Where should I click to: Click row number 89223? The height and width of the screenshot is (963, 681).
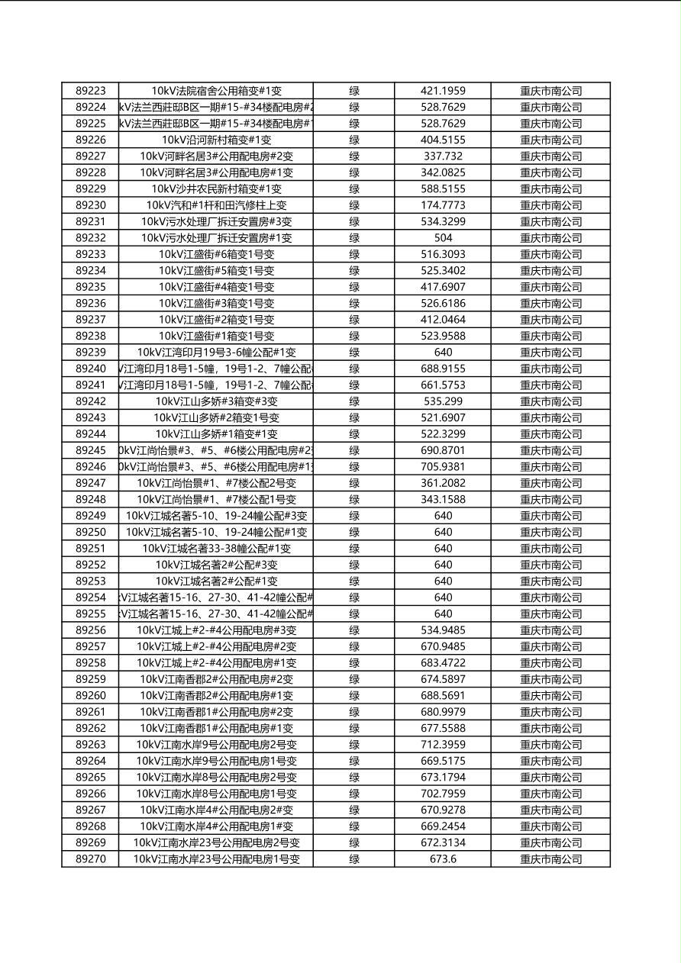pos(90,91)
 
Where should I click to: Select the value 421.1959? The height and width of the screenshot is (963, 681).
pos(443,91)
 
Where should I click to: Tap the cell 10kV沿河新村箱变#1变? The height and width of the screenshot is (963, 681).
pos(216,140)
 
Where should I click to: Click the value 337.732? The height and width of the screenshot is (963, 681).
pos(443,156)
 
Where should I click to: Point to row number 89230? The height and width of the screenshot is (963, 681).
pos(90,205)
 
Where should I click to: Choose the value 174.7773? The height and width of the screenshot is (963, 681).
pos(443,205)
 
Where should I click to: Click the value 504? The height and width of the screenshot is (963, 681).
pos(443,238)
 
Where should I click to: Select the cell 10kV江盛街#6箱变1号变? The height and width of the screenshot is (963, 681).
pos(216,254)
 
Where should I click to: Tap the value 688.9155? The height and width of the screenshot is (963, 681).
pos(443,369)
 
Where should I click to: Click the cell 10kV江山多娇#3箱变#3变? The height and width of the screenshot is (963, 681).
pos(216,401)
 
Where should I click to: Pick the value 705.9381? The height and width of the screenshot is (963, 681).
pos(443,467)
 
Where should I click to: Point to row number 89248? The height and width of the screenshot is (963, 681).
pos(90,500)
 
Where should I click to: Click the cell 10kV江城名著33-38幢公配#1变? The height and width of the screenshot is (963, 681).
pos(216,549)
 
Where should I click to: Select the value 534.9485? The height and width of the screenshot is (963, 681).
pos(443,630)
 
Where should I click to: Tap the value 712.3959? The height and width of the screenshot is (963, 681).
pos(443,745)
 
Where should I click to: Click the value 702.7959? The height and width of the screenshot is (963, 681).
pos(443,794)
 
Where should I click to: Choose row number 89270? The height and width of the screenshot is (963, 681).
pos(90,859)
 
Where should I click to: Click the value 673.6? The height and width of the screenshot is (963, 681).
pos(443,859)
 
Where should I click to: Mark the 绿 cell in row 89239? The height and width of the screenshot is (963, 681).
pos(354,353)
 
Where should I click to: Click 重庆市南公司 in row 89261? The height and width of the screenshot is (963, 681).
pos(550,712)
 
